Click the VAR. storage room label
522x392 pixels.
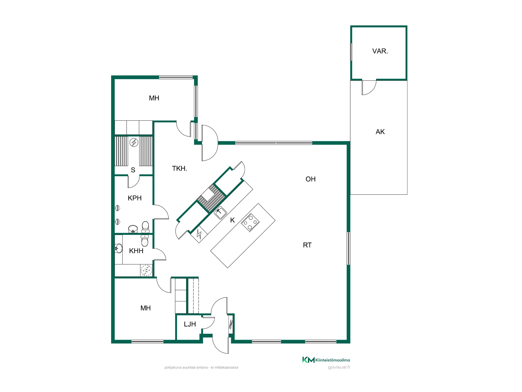380,51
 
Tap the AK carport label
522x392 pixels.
380,132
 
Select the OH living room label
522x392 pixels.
311,179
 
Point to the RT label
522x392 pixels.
307,245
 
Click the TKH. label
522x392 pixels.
180,169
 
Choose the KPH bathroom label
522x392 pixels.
135,198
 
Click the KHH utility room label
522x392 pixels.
136,251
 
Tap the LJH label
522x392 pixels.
190,324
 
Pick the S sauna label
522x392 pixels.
133,170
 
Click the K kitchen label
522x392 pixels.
233,220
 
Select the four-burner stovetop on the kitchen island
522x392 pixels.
250,223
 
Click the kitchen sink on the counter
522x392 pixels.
221,213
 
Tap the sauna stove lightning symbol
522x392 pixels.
134,142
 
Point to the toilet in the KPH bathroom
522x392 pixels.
145,227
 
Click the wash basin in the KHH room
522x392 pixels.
119,248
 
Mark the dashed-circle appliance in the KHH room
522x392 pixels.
146,270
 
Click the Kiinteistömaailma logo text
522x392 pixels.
333,360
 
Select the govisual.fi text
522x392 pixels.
339,367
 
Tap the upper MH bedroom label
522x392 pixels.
154,98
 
